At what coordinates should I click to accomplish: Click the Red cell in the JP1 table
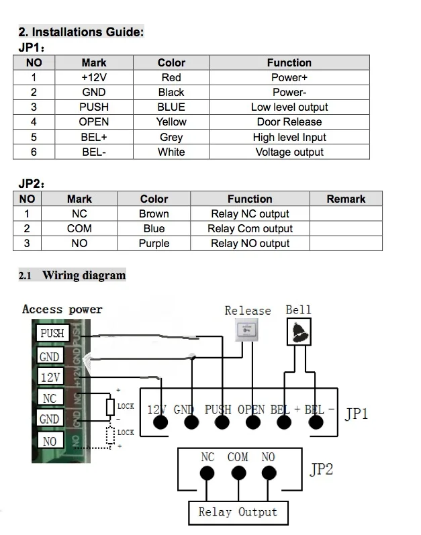point(171,77)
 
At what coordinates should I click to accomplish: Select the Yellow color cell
point(171,121)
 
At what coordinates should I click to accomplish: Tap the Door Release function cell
point(289,121)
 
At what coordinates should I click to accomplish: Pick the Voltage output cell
point(289,152)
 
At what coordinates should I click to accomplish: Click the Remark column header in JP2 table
point(346,199)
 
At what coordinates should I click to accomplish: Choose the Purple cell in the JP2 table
point(154,243)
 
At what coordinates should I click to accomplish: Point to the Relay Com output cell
point(250,228)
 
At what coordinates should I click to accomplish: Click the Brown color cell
point(154,213)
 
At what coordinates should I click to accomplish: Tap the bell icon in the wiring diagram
point(299,332)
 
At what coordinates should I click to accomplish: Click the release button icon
point(246,330)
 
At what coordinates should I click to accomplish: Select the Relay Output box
point(238,513)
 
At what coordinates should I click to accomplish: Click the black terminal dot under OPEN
point(253,422)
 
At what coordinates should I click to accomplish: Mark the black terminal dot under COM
point(238,473)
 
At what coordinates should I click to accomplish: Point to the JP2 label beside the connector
point(321,469)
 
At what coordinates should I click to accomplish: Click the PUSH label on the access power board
point(52,333)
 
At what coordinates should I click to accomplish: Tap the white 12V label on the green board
point(50,377)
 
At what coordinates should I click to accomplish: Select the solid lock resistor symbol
point(110,407)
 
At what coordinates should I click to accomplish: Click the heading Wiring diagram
point(85,275)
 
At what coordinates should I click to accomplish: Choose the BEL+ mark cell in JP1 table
point(94,137)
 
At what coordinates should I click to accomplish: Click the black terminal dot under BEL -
point(316,422)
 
